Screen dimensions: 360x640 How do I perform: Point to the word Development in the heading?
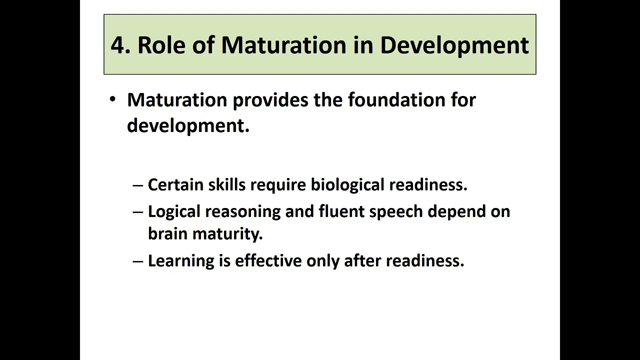pyautogui.click(x=454, y=45)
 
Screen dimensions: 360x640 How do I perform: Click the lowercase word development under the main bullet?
pyautogui.click(x=187, y=125)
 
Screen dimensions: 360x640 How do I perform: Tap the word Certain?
pyautogui.click(x=176, y=184)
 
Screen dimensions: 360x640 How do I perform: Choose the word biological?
pyautogui.click(x=348, y=184)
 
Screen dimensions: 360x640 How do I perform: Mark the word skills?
pyautogui.click(x=227, y=184)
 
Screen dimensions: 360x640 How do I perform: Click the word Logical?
pyautogui.click(x=174, y=211)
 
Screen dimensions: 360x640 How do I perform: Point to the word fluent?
pyautogui.click(x=342, y=211)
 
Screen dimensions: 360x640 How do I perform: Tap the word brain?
pyautogui.click(x=167, y=233)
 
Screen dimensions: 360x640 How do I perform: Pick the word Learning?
pyautogui.click(x=181, y=261)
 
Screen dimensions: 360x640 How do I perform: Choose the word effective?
pyautogui.click(x=268, y=260)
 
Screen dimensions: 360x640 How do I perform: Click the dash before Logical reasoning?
pyautogui.click(x=138, y=211)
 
